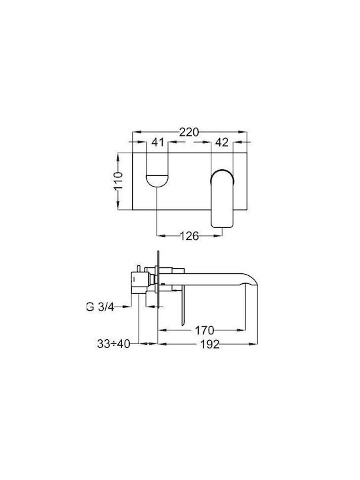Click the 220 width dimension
[x=189, y=133]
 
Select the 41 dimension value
[x=158, y=142]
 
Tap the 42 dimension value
[x=222, y=142]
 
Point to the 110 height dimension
[x=119, y=181]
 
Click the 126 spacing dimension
[x=189, y=236]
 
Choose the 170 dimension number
[x=205, y=330]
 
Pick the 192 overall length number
[x=210, y=345]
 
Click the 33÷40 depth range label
[x=113, y=344]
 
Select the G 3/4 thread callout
[x=100, y=307]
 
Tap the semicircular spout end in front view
[x=157, y=181]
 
